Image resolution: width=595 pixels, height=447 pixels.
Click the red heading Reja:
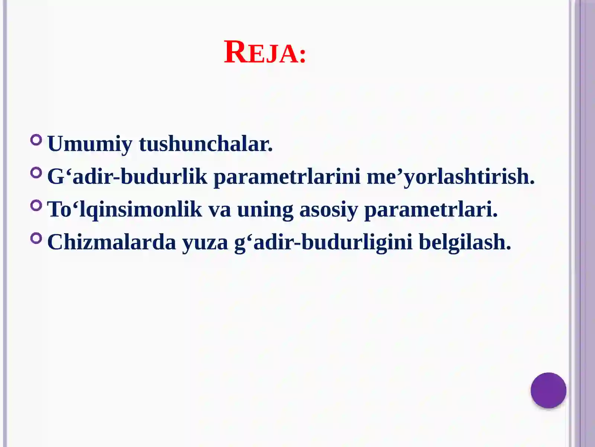tap(265, 53)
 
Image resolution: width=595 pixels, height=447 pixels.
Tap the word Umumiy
tap(90, 144)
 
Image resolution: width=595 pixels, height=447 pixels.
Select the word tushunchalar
tap(206, 144)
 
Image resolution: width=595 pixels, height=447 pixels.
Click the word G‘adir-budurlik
tap(127, 177)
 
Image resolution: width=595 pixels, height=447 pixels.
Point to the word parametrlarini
tap(287, 177)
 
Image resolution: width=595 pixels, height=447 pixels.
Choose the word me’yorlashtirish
tap(450, 177)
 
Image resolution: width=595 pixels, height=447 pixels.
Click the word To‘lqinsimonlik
tap(125, 209)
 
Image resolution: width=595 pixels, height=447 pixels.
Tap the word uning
tap(265, 209)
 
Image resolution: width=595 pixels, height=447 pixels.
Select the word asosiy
tap(328, 209)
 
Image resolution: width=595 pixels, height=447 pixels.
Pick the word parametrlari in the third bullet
tap(431, 209)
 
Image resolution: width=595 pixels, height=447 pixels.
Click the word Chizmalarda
tap(112, 242)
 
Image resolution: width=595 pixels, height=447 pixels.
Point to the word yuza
tap(205, 242)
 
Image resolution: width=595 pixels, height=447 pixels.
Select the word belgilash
tap(465, 242)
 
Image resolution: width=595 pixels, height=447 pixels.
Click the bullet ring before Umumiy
tap(36, 140)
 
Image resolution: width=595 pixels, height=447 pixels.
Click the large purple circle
tap(548, 390)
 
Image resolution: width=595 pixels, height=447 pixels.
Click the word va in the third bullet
tap(219, 209)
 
